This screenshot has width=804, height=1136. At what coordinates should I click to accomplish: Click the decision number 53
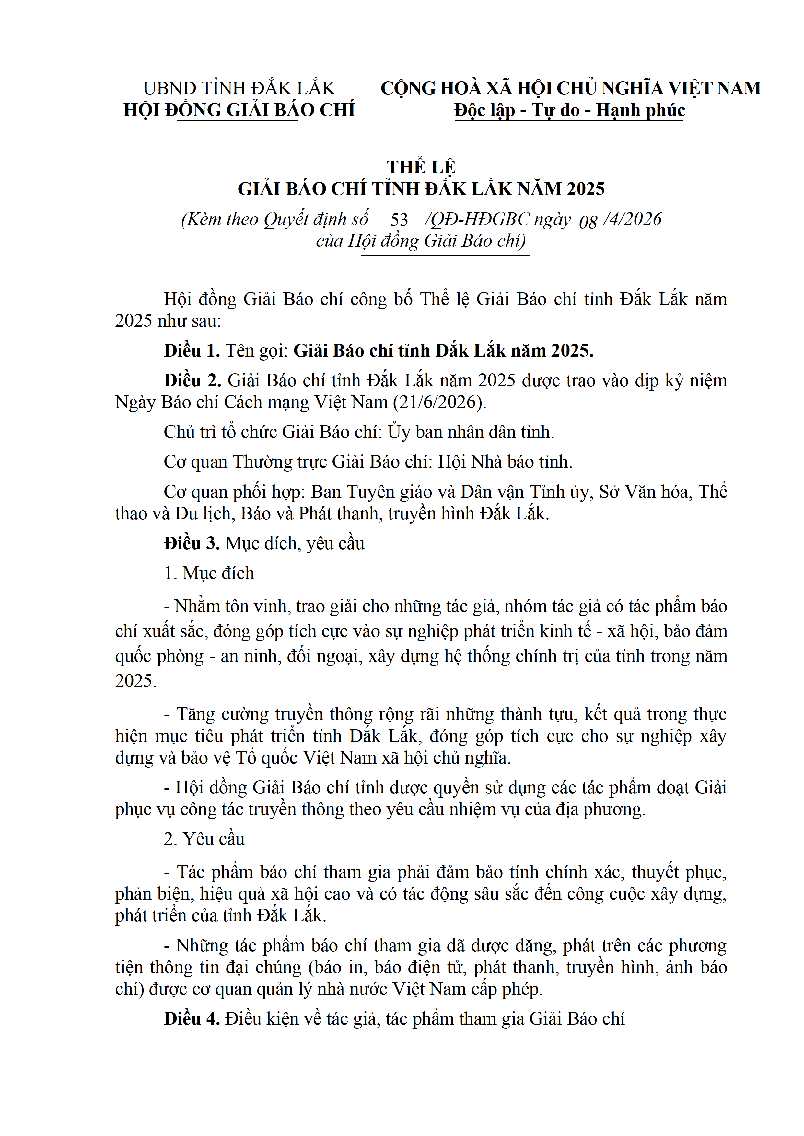click(399, 220)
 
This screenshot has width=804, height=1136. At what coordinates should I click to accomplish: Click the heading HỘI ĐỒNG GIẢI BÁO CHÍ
click(239, 110)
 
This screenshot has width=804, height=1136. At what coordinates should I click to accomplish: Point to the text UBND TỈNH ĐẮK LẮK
click(239, 88)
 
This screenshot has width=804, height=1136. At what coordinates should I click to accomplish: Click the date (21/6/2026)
click(440, 402)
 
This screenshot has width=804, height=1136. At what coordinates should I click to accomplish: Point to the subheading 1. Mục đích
click(209, 573)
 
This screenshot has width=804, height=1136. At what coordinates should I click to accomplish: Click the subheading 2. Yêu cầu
click(204, 839)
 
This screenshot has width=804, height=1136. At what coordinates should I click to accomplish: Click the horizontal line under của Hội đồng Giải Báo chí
click(445, 255)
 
